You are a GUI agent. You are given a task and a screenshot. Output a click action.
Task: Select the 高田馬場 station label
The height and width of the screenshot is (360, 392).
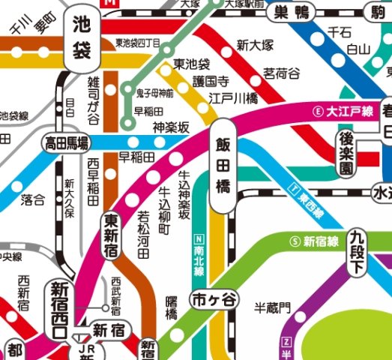click(66, 142)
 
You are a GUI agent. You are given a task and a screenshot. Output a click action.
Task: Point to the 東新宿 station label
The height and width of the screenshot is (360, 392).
click(112, 235)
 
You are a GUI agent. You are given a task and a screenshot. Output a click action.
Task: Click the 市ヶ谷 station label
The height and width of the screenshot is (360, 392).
click(207, 298)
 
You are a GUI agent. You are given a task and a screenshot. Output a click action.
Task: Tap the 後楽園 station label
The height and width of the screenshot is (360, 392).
click(346, 151)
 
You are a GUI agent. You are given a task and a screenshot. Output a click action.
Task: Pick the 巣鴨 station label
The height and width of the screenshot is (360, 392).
click(292, 11)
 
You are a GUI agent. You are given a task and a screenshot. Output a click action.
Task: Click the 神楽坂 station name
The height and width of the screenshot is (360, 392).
click(169, 127)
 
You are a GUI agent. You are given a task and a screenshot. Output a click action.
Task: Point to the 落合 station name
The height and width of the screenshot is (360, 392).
click(33, 199)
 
